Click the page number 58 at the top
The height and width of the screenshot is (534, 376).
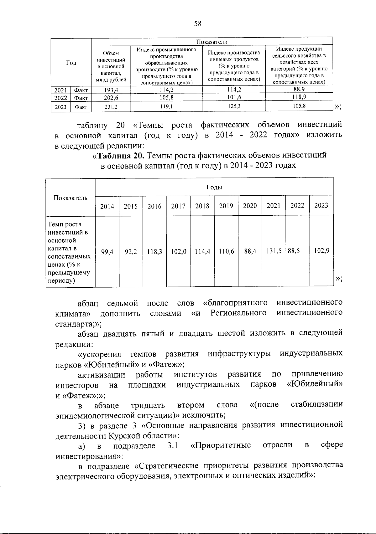click(x=197, y=24)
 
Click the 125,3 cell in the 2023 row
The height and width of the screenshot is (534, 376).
click(x=234, y=106)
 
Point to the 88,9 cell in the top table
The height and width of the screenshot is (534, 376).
click(x=299, y=89)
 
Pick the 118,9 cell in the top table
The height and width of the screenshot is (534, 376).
click(x=299, y=97)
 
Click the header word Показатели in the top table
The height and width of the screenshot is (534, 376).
click(x=212, y=42)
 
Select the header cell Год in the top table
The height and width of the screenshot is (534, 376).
click(x=71, y=63)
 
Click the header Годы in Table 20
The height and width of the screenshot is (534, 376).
click(x=214, y=187)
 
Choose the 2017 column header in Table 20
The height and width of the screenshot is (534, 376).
click(x=178, y=206)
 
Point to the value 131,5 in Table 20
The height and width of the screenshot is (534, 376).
click(x=274, y=251)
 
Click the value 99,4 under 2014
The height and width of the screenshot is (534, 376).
click(x=107, y=251)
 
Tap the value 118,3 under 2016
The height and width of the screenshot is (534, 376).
click(x=154, y=251)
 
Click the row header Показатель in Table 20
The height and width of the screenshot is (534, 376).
click(x=70, y=198)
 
